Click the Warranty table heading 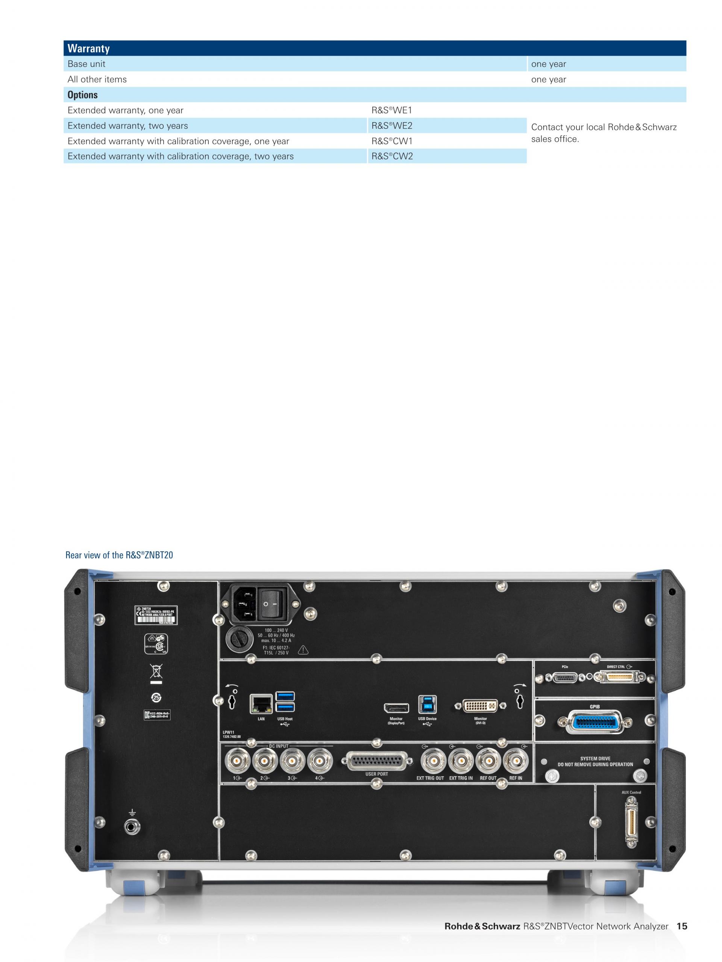(x=88, y=48)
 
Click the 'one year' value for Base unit (x=548, y=64)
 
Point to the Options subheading (x=83, y=95)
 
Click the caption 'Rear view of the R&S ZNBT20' (x=119, y=555)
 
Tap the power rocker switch (x=273, y=604)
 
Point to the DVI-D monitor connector (x=480, y=705)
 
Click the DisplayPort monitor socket (x=396, y=708)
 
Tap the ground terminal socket (x=132, y=827)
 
